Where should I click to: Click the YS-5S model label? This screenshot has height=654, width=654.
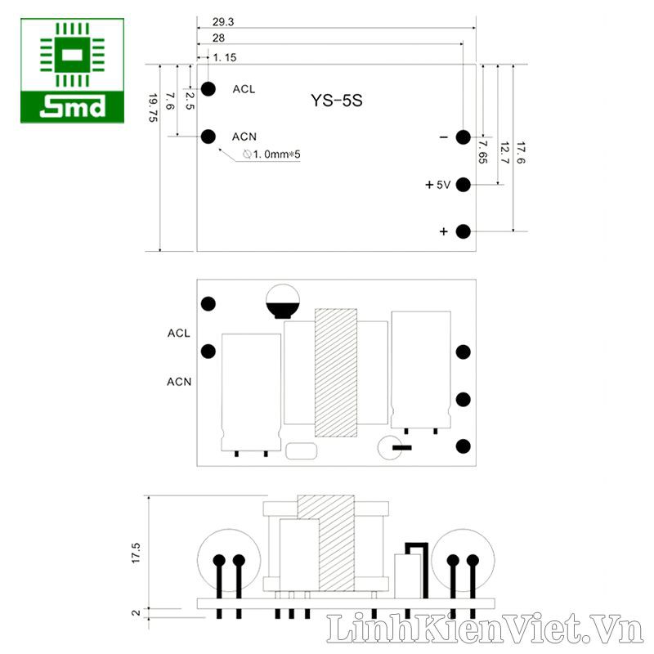click(337, 101)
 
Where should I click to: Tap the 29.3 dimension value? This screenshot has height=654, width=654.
click(223, 22)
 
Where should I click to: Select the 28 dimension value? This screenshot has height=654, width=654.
click(218, 38)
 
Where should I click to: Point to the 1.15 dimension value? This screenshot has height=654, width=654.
click(225, 57)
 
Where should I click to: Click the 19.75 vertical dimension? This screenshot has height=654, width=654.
click(153, 108)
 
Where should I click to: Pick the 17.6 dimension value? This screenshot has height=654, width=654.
click(521, 153)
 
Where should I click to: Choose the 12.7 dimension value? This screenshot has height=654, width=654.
click(504, 153)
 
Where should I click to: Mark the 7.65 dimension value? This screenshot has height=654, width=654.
click(482, 152)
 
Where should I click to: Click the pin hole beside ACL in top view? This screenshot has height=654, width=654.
click(208, 89)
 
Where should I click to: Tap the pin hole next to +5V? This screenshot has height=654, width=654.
click(463, 185)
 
